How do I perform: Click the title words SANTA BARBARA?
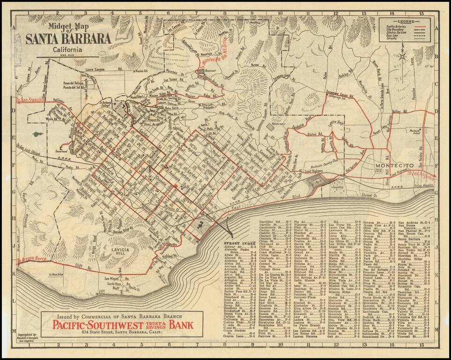click(x=68, y=39)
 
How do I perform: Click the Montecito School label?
click(x=414, y=133)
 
